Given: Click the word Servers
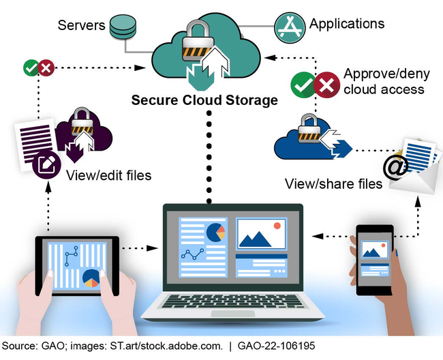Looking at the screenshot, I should [81, 26].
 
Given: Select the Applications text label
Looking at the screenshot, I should [346, 24].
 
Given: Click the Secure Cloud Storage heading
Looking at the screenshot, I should [204, 100].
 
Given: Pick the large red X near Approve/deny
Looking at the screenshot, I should [327, 85].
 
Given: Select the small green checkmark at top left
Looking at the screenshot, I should [31, 67].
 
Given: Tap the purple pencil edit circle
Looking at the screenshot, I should [46, 164].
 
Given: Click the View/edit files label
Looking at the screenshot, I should [109, 176].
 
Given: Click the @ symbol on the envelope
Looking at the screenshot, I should [395, 166].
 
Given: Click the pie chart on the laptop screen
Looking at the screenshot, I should [216, 231].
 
